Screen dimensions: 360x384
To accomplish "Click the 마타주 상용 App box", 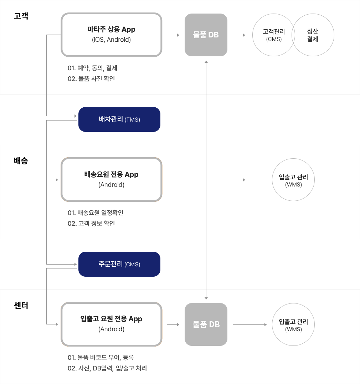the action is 112,35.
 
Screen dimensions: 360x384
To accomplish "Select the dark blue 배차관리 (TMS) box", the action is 119,119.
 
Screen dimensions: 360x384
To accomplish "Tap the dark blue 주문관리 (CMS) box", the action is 119,264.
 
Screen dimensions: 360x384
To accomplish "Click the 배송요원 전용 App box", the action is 112,179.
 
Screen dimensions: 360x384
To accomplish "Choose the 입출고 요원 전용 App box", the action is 112,324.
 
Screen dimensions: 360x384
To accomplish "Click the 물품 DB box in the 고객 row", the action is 206,35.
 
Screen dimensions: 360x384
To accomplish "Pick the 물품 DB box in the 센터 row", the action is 206,324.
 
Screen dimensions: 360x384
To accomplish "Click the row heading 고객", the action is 21,16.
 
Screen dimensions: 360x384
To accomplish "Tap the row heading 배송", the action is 21,161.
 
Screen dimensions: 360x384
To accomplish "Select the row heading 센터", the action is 21,306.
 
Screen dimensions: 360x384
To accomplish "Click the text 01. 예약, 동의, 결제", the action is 92,68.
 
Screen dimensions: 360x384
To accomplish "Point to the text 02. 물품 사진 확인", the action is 91,78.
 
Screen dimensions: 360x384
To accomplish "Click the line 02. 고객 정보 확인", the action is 91,223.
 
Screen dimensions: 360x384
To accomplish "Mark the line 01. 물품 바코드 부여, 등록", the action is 101,358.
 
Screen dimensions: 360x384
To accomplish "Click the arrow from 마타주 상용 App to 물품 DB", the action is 173,35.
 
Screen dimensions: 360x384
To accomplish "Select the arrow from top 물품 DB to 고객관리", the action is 239,35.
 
